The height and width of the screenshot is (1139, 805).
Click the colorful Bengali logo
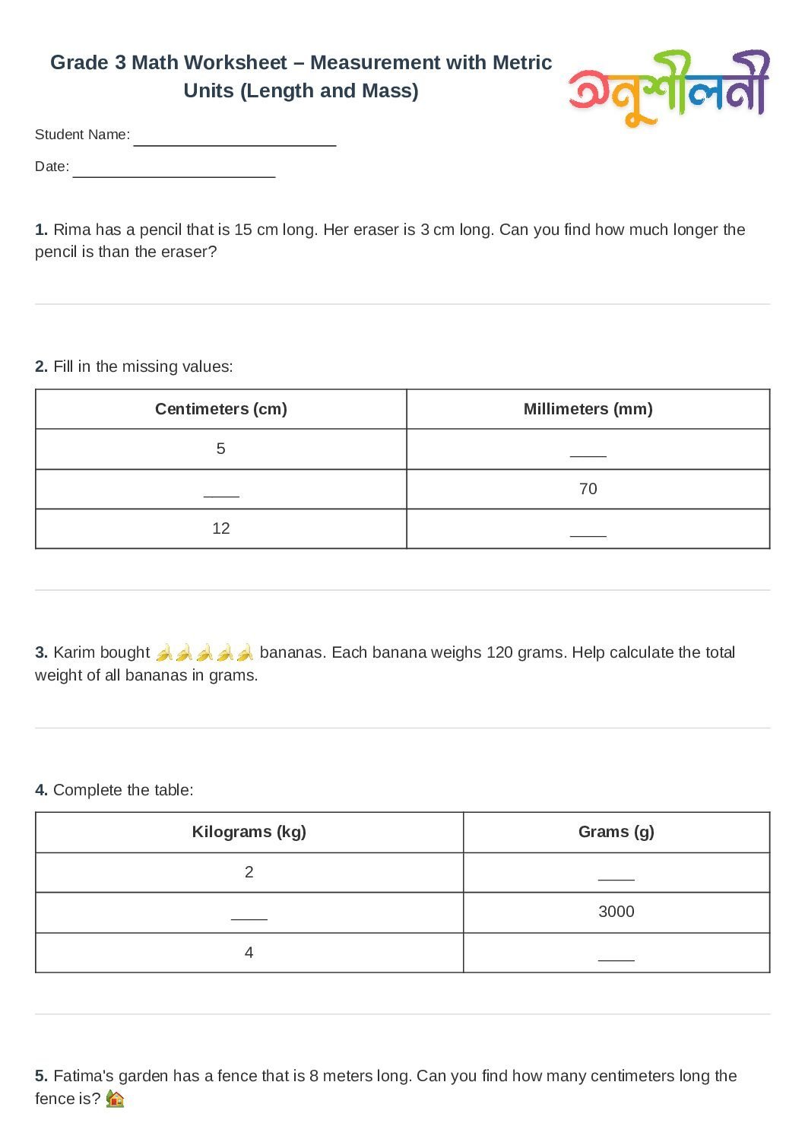point(669,87)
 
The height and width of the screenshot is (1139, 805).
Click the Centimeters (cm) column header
point(220,409)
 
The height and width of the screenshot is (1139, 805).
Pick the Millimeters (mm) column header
point(588,409)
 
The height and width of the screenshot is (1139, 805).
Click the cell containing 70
point(588,489)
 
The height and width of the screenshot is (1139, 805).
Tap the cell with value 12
point(220,528)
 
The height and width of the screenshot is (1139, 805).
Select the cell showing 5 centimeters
point(220,449)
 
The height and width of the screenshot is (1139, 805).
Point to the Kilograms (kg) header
point(249,832)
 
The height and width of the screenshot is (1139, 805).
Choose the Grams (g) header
point(616,832)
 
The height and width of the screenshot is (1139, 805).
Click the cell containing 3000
point(616,912)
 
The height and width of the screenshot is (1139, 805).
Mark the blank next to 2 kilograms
point(616,874)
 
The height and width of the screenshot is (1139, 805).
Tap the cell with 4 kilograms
point(249,953)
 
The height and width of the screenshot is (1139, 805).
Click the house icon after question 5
point(115,1099)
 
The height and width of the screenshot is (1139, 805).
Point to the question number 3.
point(41,652)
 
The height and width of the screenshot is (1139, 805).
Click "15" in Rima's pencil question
point(242,230)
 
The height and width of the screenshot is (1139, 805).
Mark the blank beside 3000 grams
point(249,915)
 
